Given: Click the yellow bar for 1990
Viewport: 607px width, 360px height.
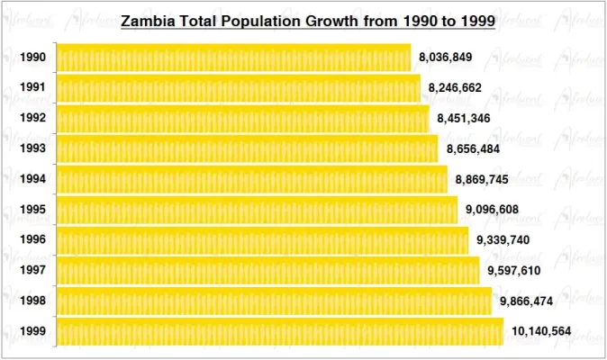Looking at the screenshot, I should click(x=233, y=58).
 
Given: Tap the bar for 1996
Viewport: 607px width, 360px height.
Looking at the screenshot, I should click(x=262, y=240).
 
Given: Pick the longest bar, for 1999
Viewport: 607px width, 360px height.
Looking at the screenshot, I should click(x=280, y=331).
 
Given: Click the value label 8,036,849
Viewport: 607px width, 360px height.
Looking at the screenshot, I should click(x=445, y=58).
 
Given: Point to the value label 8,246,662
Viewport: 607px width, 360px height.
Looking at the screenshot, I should click(x=455, y=88).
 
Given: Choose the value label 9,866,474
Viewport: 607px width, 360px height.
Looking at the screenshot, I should click(x=526, y=301).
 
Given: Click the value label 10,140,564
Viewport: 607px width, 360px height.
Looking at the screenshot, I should click(x=540, y=331).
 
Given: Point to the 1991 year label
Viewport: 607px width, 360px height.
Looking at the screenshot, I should click(x=32, y=88).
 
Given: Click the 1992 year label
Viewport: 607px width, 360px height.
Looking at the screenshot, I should click(x=32, y=118).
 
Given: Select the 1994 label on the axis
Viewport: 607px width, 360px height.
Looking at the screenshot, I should click(x=32, y=179).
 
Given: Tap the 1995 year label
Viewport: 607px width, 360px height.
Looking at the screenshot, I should click(x=32, y=210).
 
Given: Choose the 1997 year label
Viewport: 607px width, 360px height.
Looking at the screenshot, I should click(x=32, y=270).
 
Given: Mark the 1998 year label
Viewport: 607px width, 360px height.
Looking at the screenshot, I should click(x=32, y=301).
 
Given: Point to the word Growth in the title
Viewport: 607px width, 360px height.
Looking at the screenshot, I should click(x=349, y=20).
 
